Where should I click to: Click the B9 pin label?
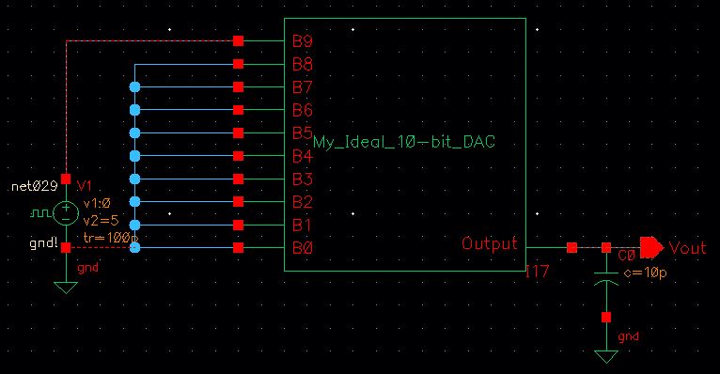[x=303, y=42]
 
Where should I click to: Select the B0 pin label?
[x=303, y=248]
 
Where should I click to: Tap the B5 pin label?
[x=303, y=132]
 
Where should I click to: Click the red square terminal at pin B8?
[x=239, y=64]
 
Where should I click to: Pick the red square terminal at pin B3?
[x=239, y=179]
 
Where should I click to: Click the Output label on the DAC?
[x=489, y=244]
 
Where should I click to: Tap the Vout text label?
[x=689, y=247]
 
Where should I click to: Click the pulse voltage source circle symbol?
[x=66, y=212]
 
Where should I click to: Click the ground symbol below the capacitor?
[x=606, y=357]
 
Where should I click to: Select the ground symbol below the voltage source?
[x=66, y=287]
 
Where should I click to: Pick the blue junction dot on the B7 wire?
[x=135, y=86]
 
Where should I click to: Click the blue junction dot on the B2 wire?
[x=135, y=202]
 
